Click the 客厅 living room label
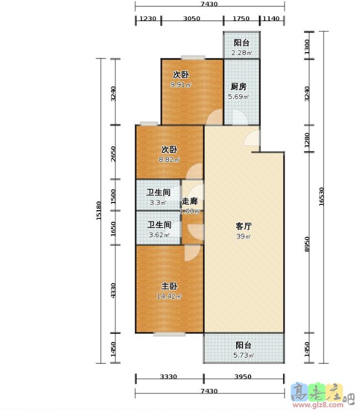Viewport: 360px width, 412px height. tap(243, 226)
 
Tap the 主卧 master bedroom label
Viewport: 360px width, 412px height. tap(169, 286)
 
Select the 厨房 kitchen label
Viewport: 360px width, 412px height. tap(238, 87)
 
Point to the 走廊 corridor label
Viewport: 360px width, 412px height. tap(190, 201)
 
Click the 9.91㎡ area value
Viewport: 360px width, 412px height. tap(181, 85)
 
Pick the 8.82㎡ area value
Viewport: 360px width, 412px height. tap(169, 159)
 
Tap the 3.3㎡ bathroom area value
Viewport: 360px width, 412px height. tap(158, 203)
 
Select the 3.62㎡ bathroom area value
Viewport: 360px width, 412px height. tap(158, 235)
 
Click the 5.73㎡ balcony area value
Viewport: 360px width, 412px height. tap(243, 355)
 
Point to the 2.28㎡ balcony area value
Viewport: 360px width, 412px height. tap(242, 53)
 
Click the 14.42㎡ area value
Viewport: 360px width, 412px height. tap(169, 296)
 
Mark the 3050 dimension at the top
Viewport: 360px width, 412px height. tap(192, 19)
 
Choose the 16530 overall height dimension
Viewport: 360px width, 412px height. tap(322, 197)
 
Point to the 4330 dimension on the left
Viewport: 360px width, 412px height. tap(114, 289)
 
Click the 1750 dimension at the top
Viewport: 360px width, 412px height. tap(241, 19)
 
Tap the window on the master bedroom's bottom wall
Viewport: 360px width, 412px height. tap(170, 333)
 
